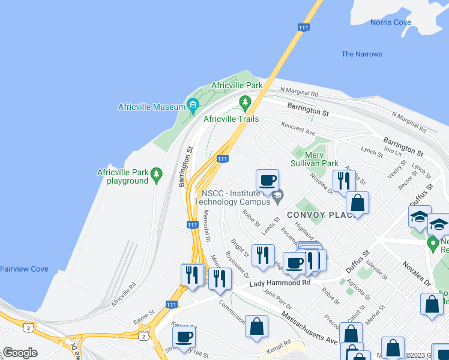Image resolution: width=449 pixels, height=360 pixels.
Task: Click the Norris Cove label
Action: click(x=390, y=23)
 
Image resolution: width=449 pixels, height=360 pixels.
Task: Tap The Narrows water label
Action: click(x=361, y=54)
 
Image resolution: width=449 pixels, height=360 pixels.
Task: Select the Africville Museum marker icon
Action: click(x=193, y=107)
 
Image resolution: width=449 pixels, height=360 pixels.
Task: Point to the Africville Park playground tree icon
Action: click(x=157, y=174)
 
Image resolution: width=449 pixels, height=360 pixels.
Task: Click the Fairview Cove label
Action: click(x=24, y=269)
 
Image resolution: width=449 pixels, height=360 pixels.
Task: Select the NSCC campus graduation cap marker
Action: click(x=277, y=196)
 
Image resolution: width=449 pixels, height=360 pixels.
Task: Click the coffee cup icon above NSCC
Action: click(x=267, y=179)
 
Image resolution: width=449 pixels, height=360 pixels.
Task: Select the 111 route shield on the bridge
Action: click(x=304, y=27)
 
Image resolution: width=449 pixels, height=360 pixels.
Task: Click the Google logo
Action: click(x=20, y=352)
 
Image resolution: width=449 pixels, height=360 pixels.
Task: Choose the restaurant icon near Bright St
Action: click(x=262, y=255)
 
